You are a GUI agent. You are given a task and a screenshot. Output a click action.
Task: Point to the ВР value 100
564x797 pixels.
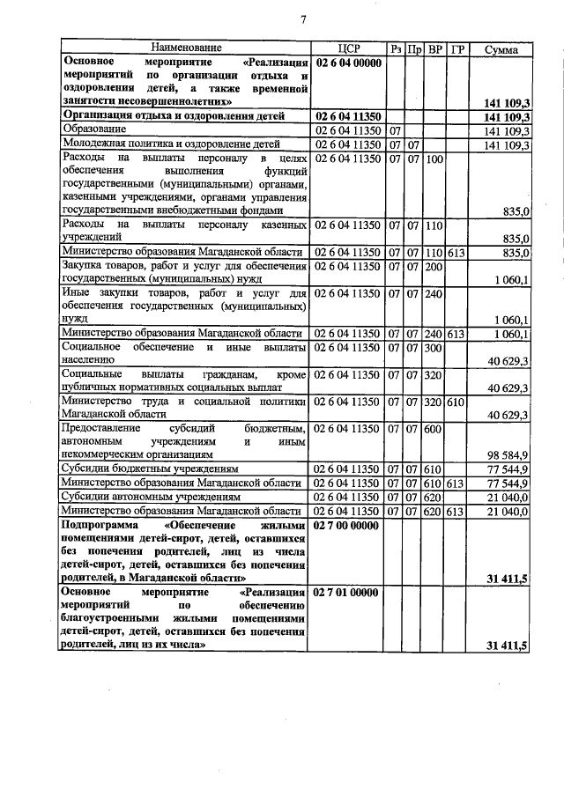(433, 159)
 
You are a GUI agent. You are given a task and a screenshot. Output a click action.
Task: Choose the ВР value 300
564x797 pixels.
(433, 348)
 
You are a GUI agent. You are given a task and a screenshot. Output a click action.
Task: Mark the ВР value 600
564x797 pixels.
(433, 428)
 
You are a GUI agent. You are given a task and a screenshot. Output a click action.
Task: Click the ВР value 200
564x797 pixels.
(433, 266)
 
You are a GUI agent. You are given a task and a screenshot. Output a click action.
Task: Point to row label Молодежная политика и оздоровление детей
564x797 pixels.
(175, 144)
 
